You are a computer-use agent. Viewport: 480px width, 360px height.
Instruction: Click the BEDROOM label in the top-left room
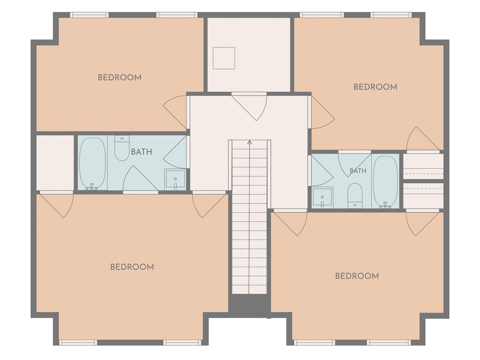tap(119, 78)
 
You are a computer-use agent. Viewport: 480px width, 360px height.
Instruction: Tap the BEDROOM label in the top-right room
tap(375, 87)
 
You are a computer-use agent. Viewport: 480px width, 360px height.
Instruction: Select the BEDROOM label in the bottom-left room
tap(132, 267)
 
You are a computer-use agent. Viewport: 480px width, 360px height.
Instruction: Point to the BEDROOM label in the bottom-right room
tap(357, 276)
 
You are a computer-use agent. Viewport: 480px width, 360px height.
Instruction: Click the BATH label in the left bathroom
tap(141, 152)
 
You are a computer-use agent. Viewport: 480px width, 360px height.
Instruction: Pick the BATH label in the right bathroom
tap(358, 171)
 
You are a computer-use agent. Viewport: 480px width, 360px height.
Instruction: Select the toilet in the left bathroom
tap(122, 148)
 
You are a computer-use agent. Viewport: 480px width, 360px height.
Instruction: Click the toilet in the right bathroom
tap(355, 196)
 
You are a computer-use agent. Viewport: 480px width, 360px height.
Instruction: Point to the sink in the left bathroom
tap(175, 179)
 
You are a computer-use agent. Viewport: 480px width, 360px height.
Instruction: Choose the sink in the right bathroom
tap(322, 197)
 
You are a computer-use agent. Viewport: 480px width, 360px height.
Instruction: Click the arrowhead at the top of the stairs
tap(249, 142)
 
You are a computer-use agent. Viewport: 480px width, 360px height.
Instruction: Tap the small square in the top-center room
tap(224, 58)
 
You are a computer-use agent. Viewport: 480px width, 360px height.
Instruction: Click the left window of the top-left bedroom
tap(89, 15)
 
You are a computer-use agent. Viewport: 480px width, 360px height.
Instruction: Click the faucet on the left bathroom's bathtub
tap(92, 187)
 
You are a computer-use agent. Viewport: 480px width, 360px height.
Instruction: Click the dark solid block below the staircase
tap(249, 303)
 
